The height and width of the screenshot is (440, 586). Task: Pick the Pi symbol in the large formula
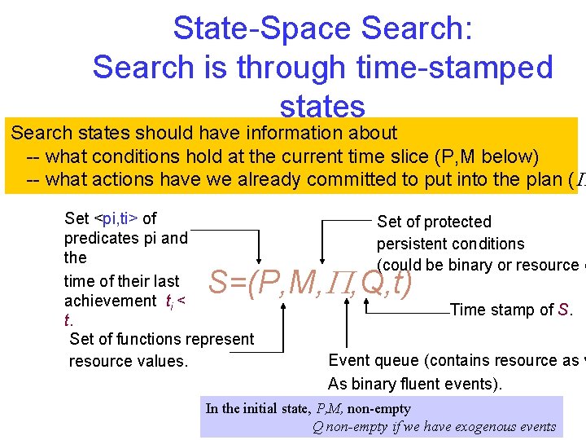339,284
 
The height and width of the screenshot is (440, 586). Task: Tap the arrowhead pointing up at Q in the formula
366,304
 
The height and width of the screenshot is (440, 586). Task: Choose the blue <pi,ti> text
116,218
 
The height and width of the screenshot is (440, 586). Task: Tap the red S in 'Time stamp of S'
563,310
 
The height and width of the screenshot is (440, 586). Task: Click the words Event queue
374,360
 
